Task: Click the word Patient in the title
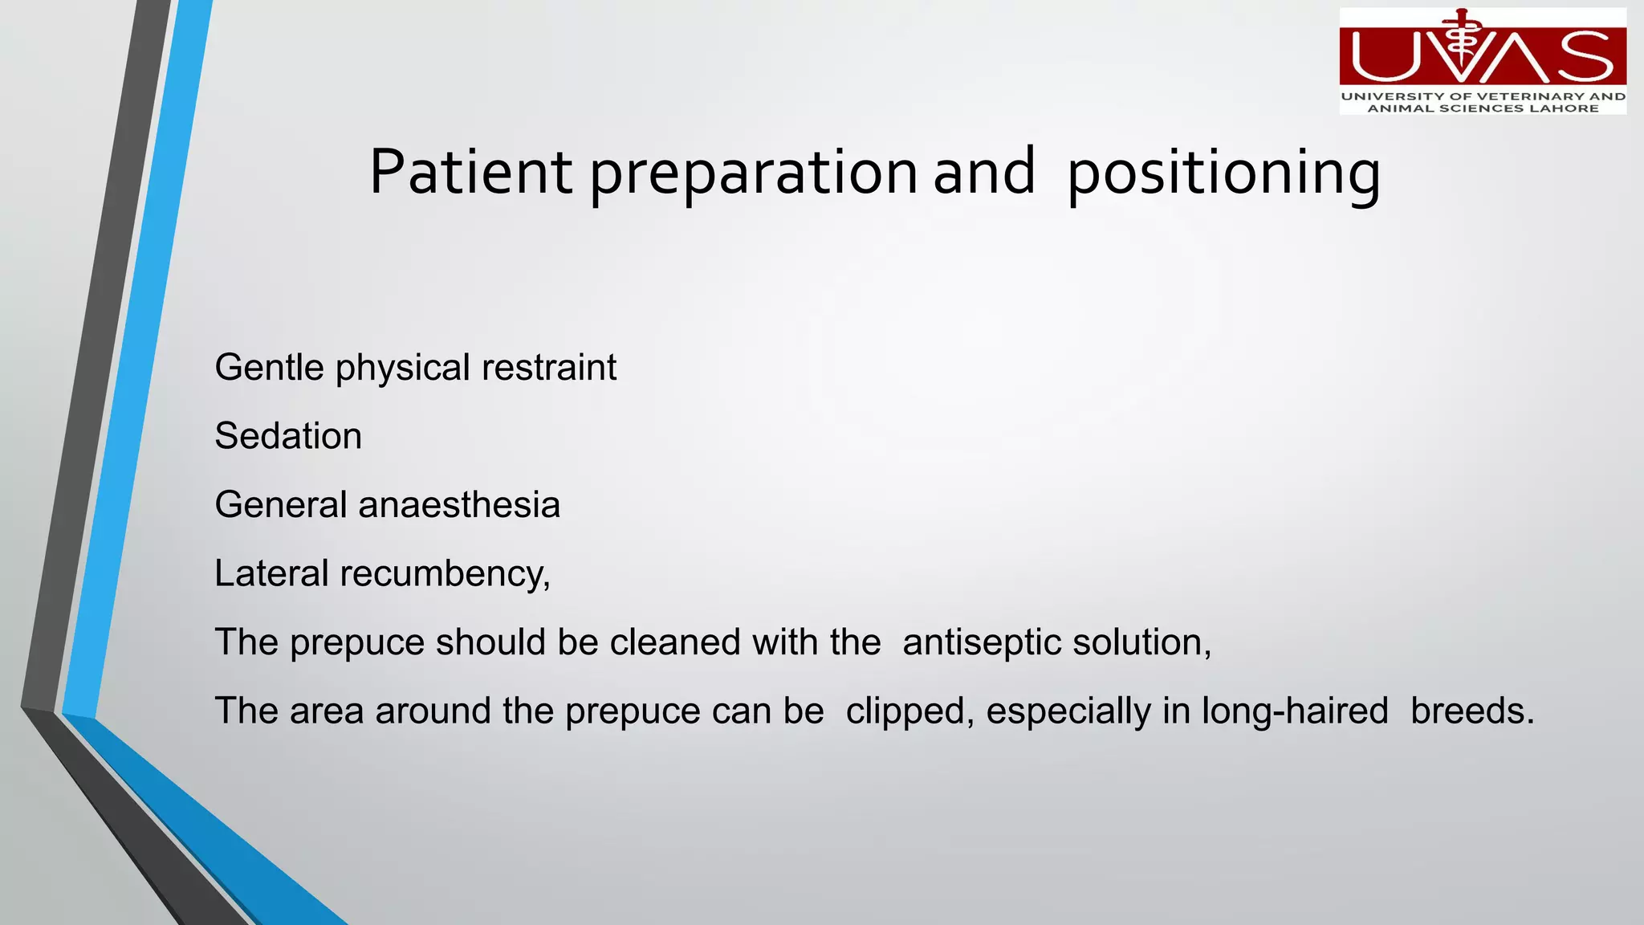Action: pyautogui.click(x=470, y=173)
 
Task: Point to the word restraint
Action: pyautogui.click(x=548, y=368)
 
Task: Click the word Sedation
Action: pyautogui.click(x=288, y=436)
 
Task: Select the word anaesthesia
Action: pyautogui.click(x=459, y=505)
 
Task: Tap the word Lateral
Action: pyautogui.click(x=271, y=573)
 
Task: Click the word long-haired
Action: pyautogui.click(x=1295, y=711)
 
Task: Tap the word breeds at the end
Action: pyautogui.click(x=1471, y=711)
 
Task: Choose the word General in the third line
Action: pyautogui.click(x=281, y=505)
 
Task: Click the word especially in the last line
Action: pyautogui.click(x=1068, y=711)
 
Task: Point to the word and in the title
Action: pyautogui.click(x=984, y=173)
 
